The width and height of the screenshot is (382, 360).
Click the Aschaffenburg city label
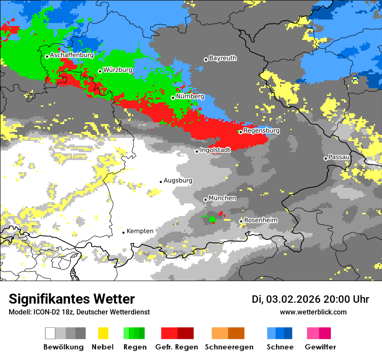72,56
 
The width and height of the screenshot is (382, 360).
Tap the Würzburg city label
118,70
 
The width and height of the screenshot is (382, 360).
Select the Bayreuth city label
223,58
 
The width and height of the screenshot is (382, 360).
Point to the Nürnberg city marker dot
173,98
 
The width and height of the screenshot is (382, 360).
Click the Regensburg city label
261,131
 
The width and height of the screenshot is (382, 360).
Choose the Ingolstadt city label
215,150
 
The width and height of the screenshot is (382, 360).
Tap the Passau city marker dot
326,158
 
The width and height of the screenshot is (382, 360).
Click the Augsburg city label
178,180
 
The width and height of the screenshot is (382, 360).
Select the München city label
222,198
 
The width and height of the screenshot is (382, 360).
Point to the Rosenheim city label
260,220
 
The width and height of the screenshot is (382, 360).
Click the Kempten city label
140,231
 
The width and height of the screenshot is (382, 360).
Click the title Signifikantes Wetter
72,299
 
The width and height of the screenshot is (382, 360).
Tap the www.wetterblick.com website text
313,312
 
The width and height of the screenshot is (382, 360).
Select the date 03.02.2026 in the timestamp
293,299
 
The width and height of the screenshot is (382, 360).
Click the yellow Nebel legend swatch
103,333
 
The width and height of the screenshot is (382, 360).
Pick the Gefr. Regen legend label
177,347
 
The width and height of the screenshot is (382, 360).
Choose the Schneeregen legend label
228,347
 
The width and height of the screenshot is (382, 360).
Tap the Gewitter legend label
320,347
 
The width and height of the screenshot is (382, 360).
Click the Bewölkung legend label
63,347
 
